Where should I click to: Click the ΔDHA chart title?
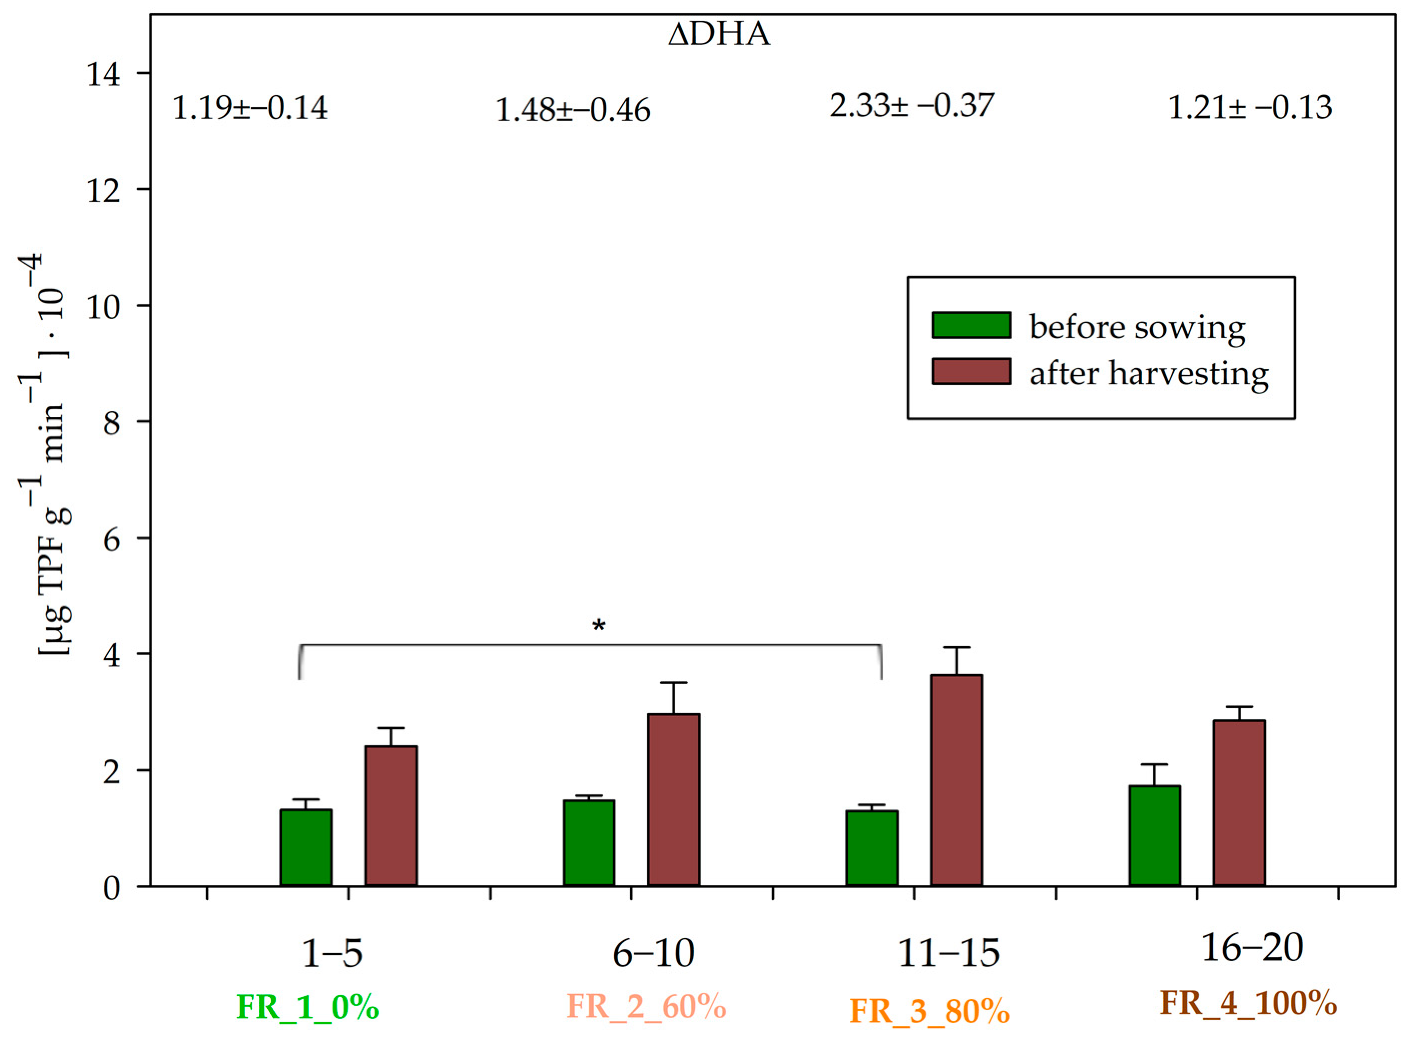(719, 34)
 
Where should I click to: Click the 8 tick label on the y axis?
(112, 422)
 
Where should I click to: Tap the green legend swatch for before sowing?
(971, 325)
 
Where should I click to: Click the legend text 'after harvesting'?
(1148, 373)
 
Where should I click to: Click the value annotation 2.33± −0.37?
(911, 105)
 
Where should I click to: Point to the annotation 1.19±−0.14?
(250, 108)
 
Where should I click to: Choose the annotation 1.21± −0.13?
(1250, 107)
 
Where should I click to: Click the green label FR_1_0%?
(307, 1007)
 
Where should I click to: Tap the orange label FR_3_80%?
(929, 1011)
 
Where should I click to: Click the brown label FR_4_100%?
(1249, 1002)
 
